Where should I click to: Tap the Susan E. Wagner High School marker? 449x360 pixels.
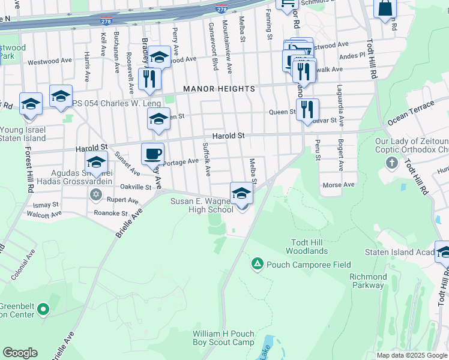(241, 193)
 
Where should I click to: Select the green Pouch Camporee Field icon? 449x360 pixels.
(258, 263)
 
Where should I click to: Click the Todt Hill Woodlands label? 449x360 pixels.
(307, 246)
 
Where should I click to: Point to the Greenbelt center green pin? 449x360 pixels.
(43, 310)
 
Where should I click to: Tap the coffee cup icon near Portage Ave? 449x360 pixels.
(152, 154)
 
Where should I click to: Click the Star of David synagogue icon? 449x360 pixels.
(95, 194)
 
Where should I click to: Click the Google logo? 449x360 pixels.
(20, 353)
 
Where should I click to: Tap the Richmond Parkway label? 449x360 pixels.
(368, 281)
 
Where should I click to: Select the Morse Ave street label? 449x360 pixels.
(339, 185)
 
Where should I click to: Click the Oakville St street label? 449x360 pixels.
(135, 187)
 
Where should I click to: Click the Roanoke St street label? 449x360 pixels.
(107, 213)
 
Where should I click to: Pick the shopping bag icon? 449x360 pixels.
(385, 8)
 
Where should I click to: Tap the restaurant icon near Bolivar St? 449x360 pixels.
(307, 109)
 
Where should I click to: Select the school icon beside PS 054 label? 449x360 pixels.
(61, 96)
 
